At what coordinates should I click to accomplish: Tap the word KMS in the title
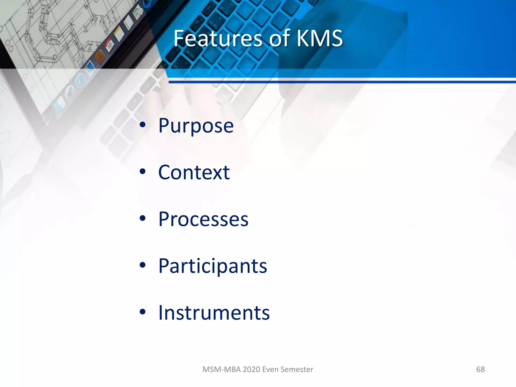[x=319, y=38]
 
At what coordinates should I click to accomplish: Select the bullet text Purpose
[x=196, y=126]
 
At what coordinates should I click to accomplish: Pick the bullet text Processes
[x=203, y=219]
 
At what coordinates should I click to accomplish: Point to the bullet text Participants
[x=212, y=266]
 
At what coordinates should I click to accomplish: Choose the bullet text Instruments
[x=214, y=313]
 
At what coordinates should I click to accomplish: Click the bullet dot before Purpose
[x=143, y=125]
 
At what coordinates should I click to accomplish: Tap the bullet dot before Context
[x=143, y=172]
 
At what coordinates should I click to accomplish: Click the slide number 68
[x=480, y=369]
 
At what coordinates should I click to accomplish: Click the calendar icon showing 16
[x=110, y=45]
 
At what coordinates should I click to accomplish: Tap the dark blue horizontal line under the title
[x=340, y=82]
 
